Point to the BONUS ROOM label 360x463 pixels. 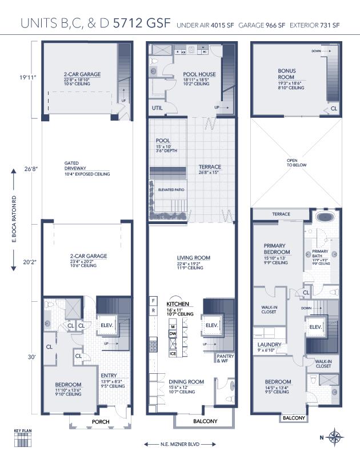286,74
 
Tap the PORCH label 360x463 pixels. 100,422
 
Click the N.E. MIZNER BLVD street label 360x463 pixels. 180,444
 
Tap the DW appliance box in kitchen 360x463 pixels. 172,333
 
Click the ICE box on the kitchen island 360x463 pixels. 172,353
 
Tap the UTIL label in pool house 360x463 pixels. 158,107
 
